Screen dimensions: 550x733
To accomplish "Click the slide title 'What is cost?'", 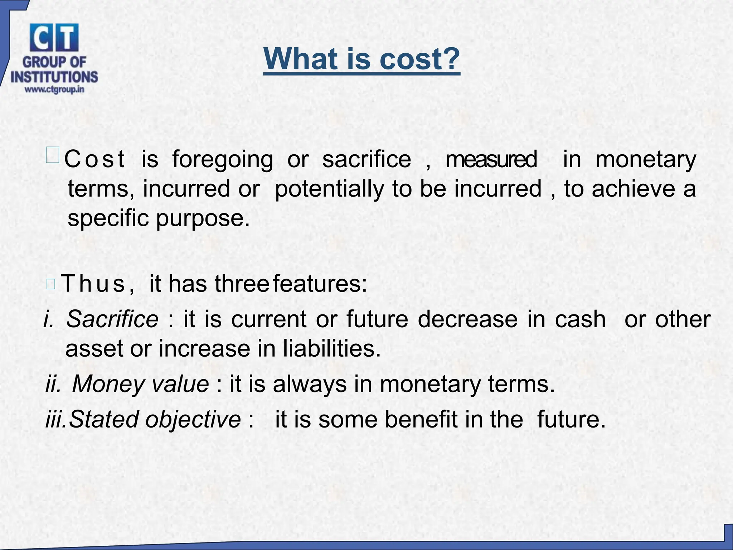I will (361, 59).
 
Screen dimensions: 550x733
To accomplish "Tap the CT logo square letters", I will (54, 38).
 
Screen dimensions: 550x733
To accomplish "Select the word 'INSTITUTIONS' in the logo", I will (54, 77).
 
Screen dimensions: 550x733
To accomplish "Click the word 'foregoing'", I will (222, 160).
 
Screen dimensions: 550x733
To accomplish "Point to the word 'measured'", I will (491, 159).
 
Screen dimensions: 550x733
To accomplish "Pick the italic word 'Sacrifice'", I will (112, 319).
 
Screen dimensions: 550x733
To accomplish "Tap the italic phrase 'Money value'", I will (140, 384).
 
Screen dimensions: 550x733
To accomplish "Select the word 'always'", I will (310, 384).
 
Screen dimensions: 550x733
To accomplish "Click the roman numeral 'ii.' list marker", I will (53, 384).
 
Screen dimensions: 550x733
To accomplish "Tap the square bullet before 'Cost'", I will (53, 156).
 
